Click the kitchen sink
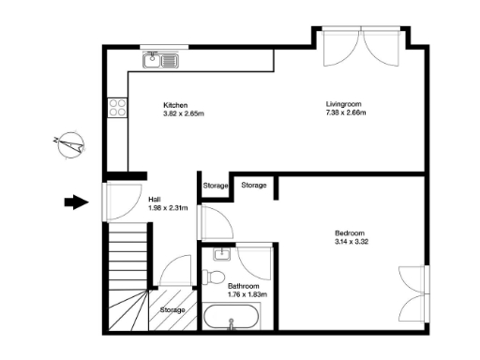pos(160,61)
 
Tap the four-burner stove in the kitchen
pos(118,108)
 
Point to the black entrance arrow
pos(74,201)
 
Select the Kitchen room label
pos(176,104)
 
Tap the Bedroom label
pos(350,232)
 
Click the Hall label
pos(156,199)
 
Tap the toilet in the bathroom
pos(212,277)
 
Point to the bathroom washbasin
pos(222,253)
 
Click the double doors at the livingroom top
pos(360,47)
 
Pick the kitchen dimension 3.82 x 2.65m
pos(183,114)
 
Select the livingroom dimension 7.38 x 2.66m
pos(346,114)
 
